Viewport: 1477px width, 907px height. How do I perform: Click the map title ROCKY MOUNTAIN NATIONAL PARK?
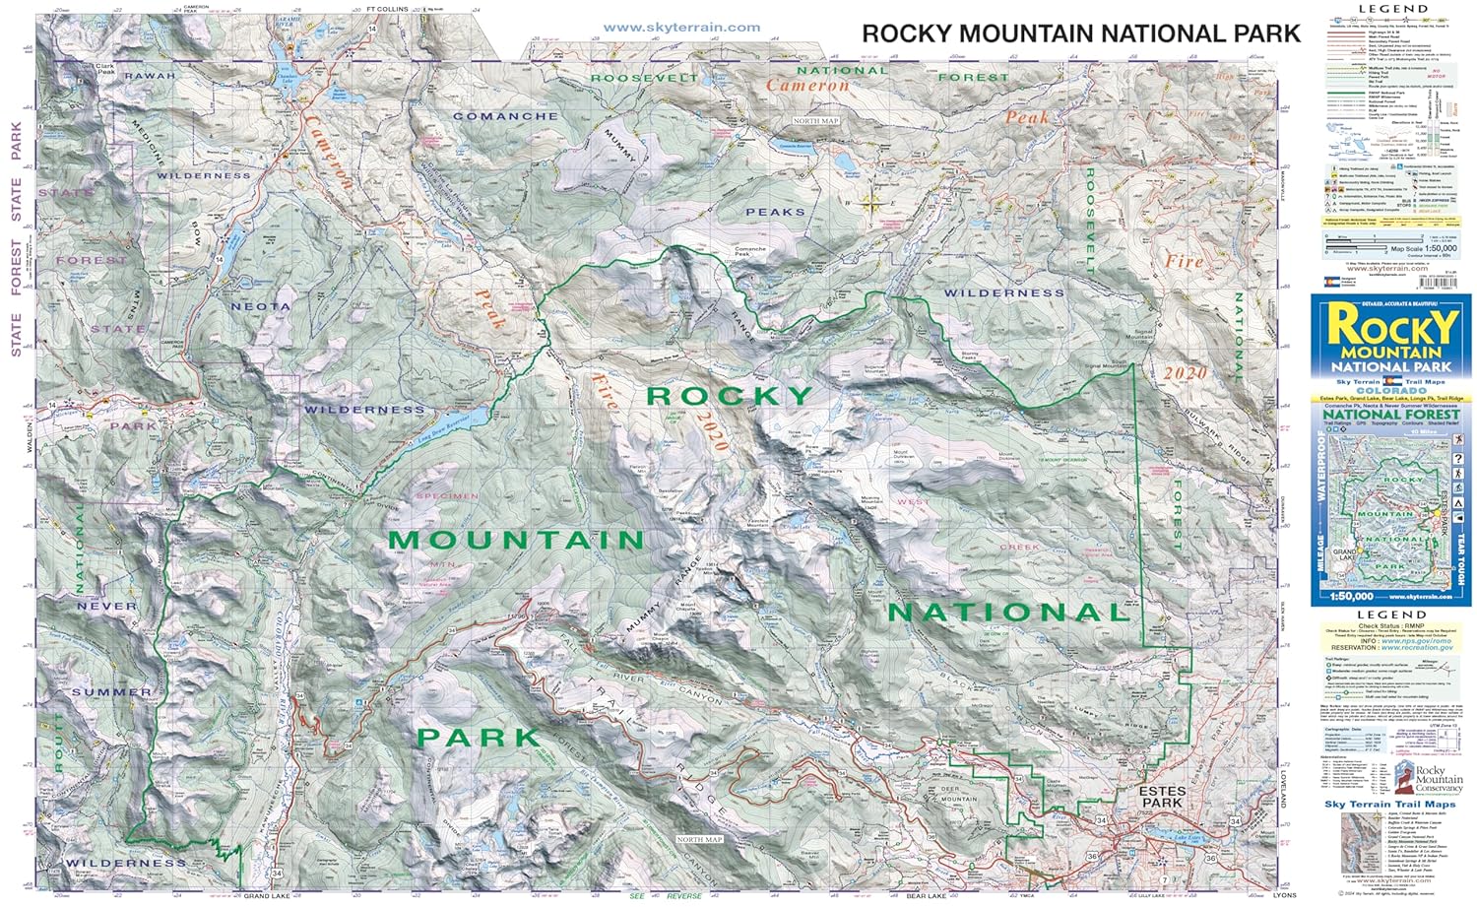click(x=1081, y=33)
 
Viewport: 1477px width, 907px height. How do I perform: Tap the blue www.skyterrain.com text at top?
click(x=681, y=28)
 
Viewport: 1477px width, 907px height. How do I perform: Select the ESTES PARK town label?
click(x=1162, y=797)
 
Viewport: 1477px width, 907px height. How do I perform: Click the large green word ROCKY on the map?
click(x=730, y=396)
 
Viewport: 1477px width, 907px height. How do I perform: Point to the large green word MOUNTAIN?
click(x=516, y=540)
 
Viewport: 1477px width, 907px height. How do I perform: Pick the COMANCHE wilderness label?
click(x=505, y=116)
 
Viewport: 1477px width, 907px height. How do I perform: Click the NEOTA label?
click(x=260, y=307)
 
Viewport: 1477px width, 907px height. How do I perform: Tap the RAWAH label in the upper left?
click(x=150, y=76)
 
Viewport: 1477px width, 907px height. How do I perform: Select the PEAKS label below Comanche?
click(x=775, y=212)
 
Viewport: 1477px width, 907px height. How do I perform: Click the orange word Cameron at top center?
click(x=807, y=86)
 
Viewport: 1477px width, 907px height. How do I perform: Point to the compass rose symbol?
click(x=872, y=203)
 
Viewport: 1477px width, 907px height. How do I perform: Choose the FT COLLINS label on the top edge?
click(x=386, y=9)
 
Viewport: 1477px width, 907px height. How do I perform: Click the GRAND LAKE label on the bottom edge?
click(x=267, y=896)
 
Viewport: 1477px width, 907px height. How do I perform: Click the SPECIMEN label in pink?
click(x=447, y=496)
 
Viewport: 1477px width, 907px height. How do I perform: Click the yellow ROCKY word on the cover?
click(x=1391, y=326)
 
